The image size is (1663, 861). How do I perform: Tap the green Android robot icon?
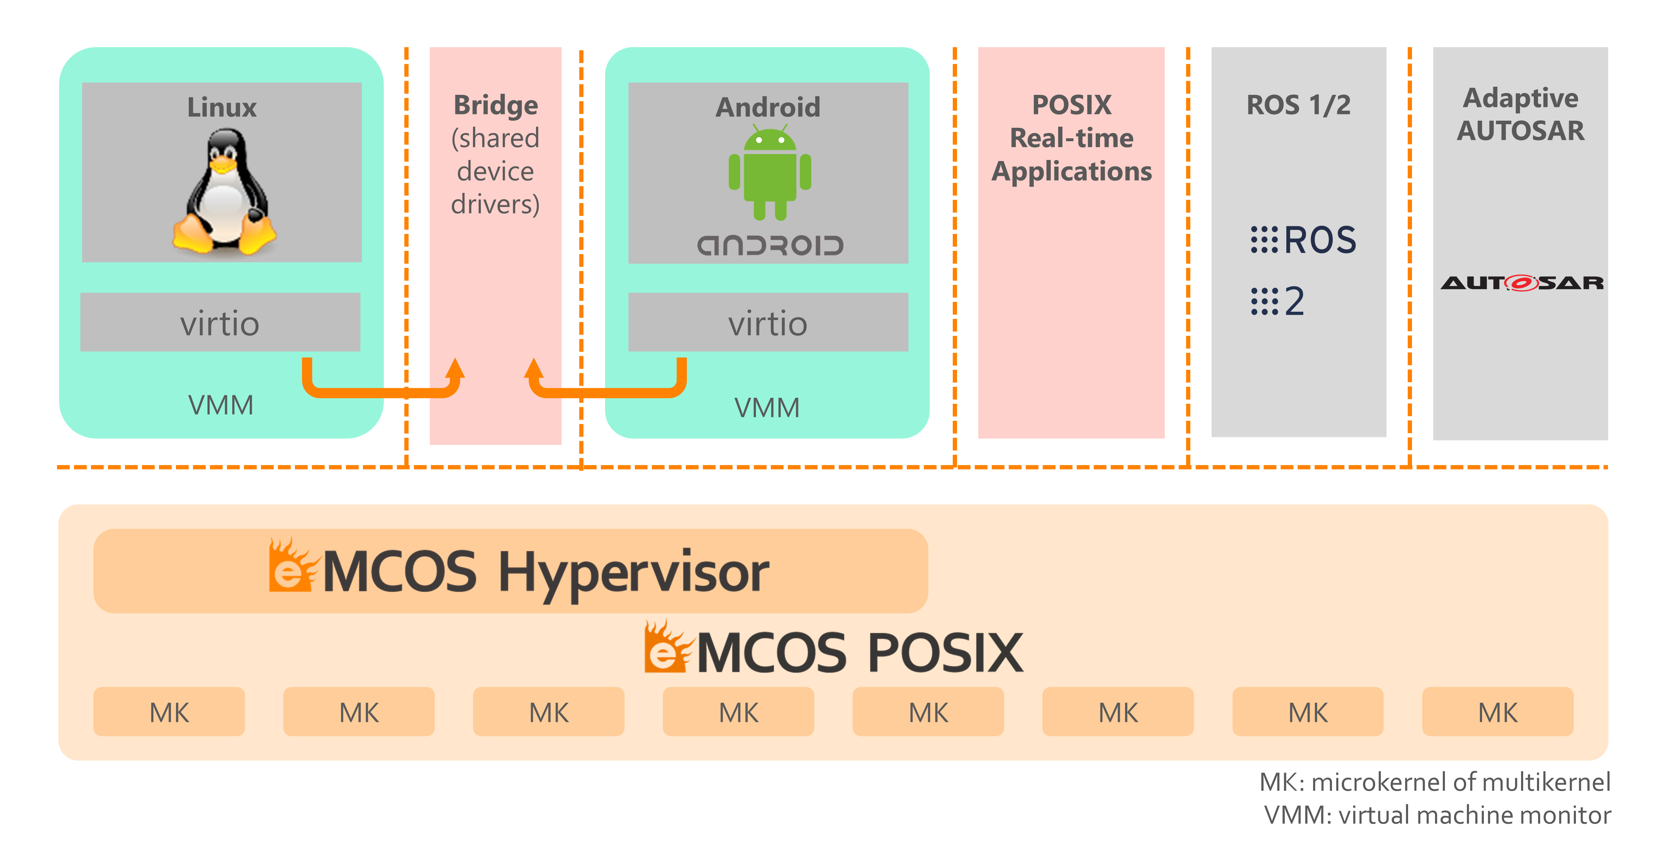pos(769,173)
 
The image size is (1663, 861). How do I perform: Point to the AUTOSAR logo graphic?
pos(1521,283)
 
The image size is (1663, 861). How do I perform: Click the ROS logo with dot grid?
pos(1303,240)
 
